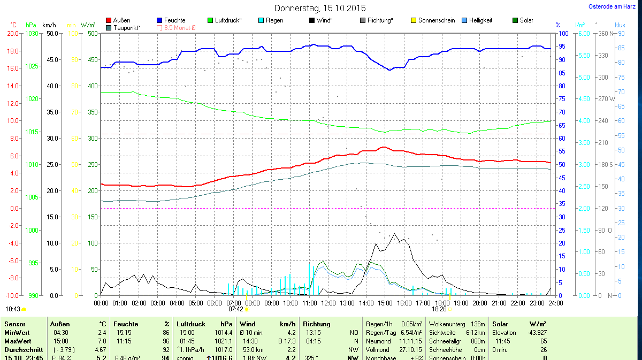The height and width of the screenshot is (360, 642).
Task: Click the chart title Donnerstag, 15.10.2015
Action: tap(320, 8)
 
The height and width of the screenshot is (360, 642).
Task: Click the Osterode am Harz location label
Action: tap(612, 7)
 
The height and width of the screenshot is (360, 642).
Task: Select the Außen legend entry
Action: tap(122, 20)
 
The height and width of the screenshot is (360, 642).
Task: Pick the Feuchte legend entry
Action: tap(175, 20)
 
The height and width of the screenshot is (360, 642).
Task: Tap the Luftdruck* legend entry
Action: tap(228, 20)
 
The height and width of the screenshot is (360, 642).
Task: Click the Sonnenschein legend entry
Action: tap(437, 20)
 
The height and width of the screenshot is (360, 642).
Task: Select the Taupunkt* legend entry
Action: tap(127, 27)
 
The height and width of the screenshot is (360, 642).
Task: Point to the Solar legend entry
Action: tap(526, 20)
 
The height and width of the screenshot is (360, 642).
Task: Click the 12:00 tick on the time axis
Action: tap(328, 303)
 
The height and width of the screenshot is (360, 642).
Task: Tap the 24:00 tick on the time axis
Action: tap(555, 303)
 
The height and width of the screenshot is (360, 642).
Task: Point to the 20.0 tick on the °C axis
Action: tap(13, 33)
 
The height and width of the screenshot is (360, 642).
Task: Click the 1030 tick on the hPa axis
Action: tap(32, 33)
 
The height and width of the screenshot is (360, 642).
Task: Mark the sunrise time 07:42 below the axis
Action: tap(236, 309)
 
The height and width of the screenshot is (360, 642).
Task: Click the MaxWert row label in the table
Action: tap(17, 341)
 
